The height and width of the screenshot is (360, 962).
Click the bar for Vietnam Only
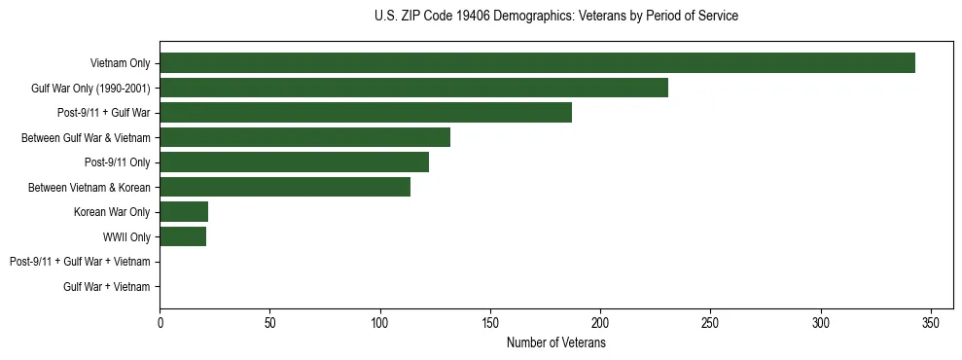[537, 63]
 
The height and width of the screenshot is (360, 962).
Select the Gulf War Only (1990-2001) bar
[413, 88]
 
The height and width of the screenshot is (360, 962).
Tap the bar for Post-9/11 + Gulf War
[366, 113]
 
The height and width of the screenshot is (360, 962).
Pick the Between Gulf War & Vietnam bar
[304, 137]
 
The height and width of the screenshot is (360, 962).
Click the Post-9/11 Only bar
[294, 162]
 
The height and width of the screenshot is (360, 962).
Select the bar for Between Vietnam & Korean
[285, 187]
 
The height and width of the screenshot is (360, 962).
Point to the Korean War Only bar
[184, 212]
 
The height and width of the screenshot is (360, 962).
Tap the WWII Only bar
[183, 236]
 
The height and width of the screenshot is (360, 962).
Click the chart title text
[555, 17]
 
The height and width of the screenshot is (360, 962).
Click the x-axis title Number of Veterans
[555, 343]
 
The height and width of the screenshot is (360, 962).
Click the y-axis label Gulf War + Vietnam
[107, 287]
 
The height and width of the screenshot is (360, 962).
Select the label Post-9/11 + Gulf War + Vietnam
[80, 262]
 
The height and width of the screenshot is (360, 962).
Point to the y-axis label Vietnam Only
[121, 63]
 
